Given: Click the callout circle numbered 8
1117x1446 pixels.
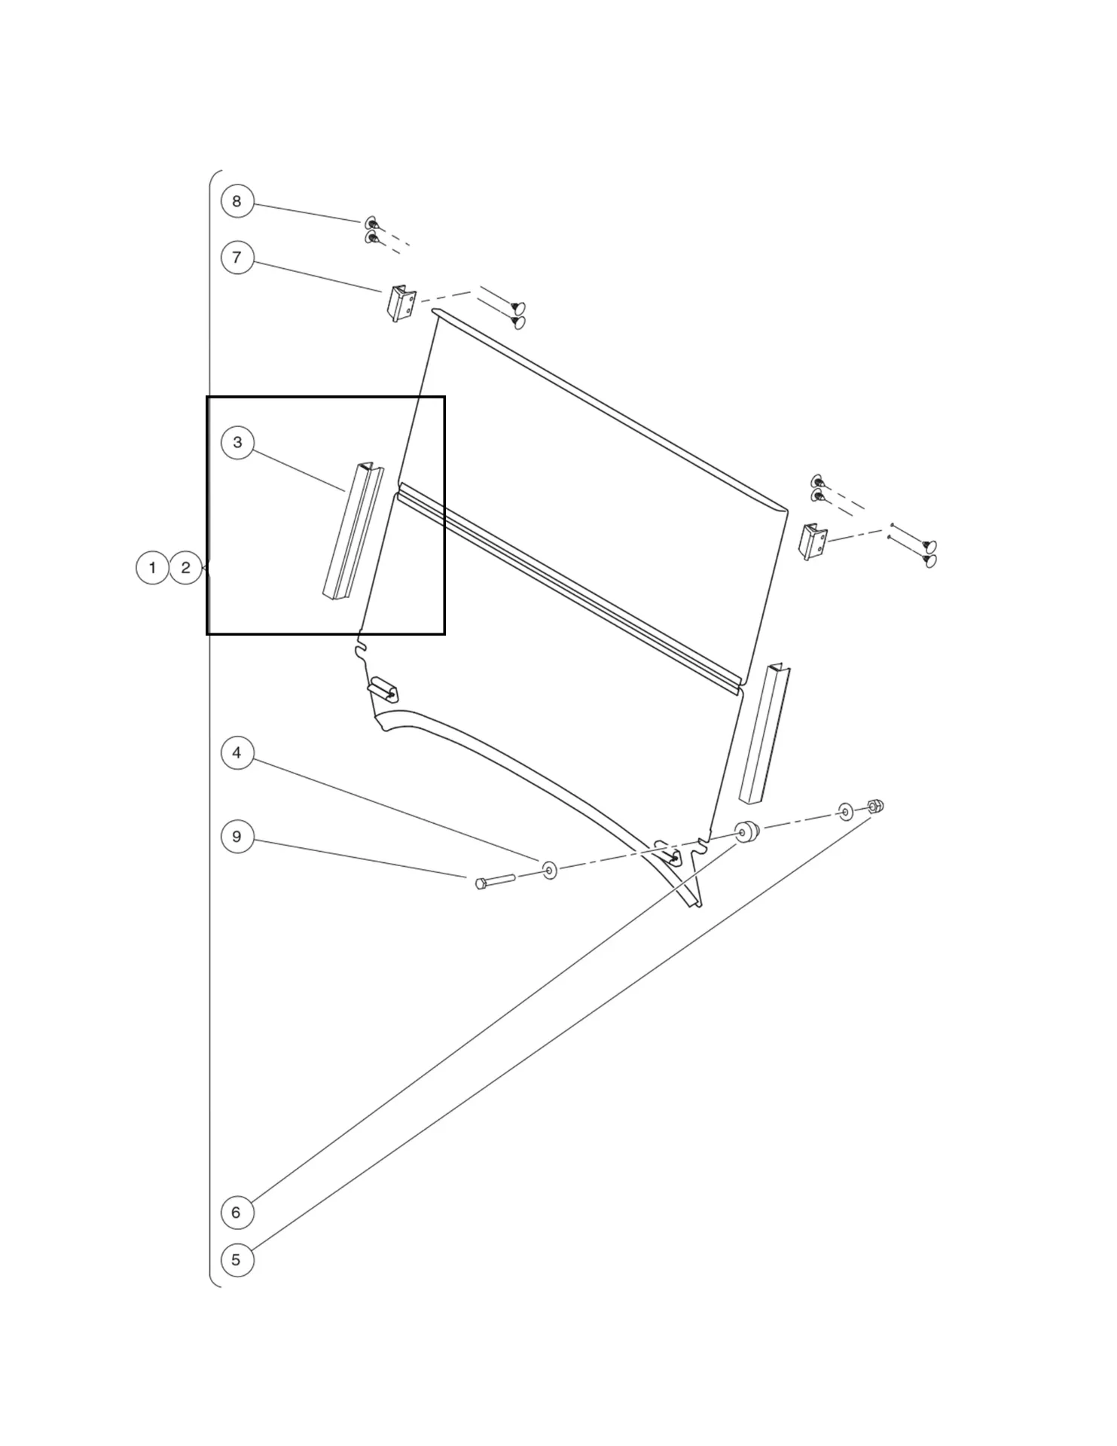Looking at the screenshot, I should [237, 201].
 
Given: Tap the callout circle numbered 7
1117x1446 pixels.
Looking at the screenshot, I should [237, 258].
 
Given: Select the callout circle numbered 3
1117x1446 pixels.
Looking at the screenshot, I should [237, 442].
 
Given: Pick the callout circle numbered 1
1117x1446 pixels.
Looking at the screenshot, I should [152, 567].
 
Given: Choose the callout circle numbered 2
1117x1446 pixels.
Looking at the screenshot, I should [186, 567].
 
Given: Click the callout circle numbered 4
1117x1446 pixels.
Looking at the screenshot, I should [237, 752].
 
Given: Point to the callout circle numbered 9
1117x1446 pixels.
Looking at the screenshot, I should [237, 837].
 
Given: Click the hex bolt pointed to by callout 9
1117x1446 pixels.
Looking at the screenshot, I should [494, 880].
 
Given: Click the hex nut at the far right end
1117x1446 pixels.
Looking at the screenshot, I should [875, 807].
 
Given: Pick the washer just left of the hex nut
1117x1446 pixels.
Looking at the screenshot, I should [846, 812].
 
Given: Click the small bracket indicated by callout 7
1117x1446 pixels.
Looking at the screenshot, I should [401, 304].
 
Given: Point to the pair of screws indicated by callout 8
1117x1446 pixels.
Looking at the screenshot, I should [371, 230].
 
